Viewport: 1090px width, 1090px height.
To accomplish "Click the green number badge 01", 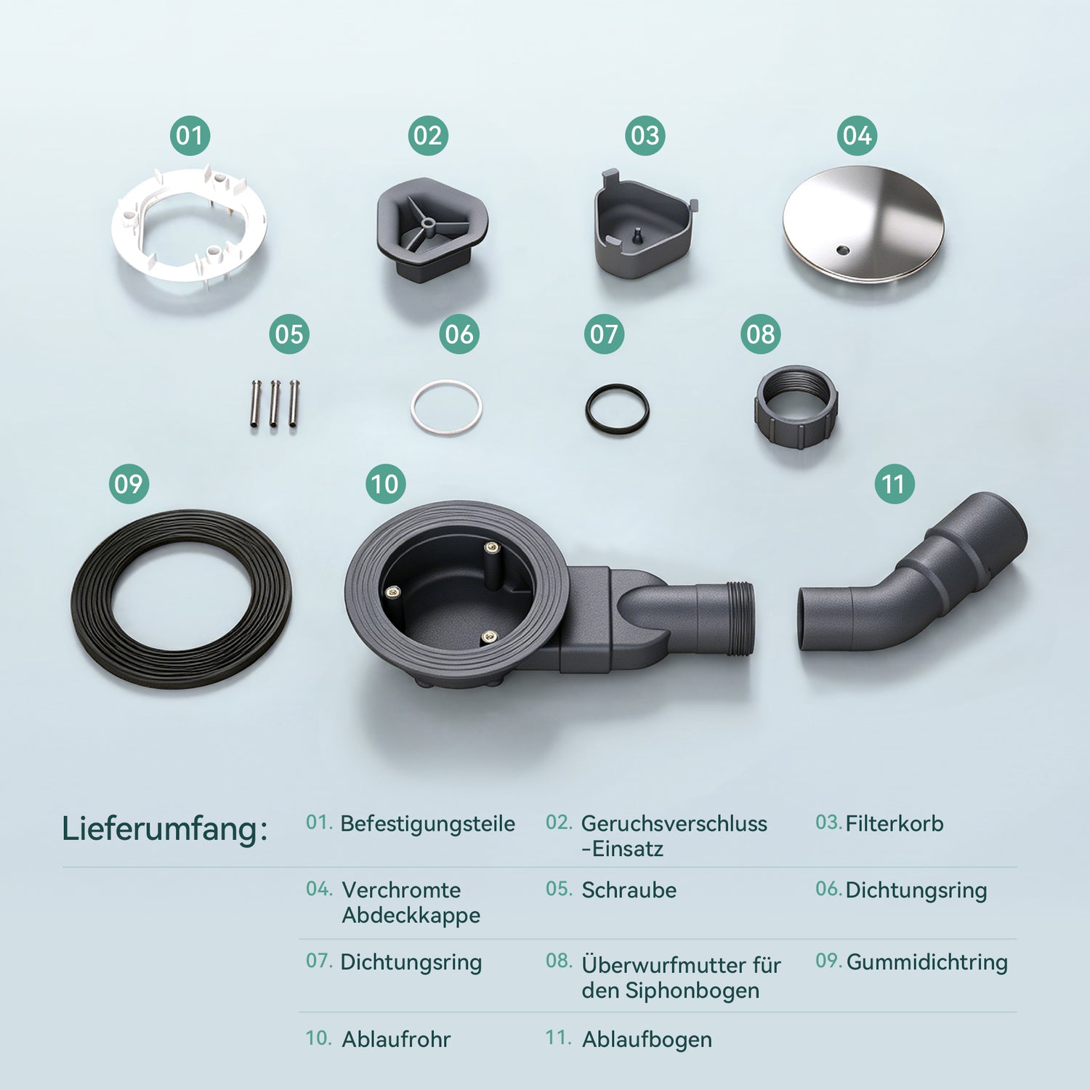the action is point(190,136).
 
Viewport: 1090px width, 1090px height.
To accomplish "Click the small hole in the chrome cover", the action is point(842,251).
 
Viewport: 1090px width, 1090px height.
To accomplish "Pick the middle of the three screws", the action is point(275,403).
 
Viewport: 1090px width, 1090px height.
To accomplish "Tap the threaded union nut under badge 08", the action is point(796,406).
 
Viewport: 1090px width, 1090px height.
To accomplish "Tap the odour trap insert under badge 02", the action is point(432,230).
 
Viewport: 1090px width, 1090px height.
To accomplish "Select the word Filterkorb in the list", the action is point(895,823).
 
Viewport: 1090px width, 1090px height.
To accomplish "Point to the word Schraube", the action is point(629,889).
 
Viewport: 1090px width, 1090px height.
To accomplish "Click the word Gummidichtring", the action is point(927,962).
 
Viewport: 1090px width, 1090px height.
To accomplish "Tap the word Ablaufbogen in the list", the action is point(647,1040).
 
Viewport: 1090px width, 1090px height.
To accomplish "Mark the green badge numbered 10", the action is point(385,484).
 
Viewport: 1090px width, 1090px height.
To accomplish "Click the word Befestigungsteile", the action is point(428,824).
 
